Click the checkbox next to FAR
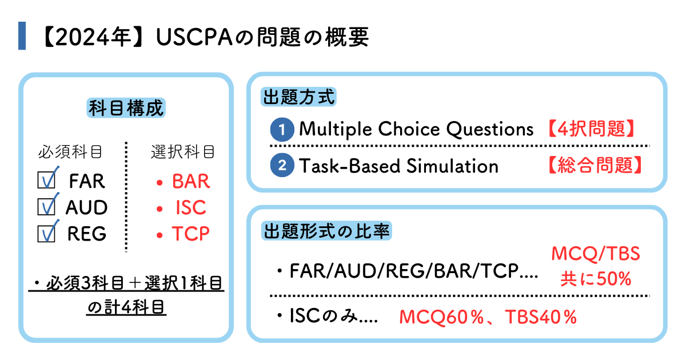tap(46, 181)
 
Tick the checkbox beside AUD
tap(46, 207)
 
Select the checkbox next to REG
tap(46, 233)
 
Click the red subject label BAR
tap(191, 181)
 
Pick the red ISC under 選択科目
tap(191, 207)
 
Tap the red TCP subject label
tap(191, 234)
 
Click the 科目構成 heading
tap(126, 108)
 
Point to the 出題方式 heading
tap(298, 96)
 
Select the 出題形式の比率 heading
tap(326, 231)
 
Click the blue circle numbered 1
tap(282, 130)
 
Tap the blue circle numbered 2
tap(282, 166)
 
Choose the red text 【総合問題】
tap(588, 166)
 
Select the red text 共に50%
tap(595, 279)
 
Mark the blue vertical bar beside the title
tap(22, 37)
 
